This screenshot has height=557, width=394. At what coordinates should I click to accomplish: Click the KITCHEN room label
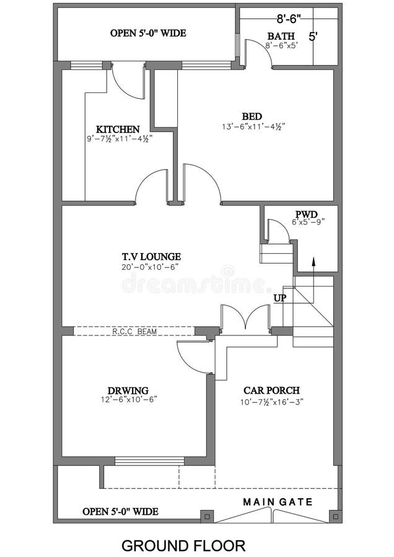(118, 129)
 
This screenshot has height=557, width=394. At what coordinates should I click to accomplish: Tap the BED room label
(252, 116)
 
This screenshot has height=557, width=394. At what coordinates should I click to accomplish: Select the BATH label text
(282, 36)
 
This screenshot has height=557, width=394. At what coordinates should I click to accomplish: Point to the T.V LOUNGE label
(151, 256)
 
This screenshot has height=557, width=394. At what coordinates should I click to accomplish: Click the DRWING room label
(128, 391)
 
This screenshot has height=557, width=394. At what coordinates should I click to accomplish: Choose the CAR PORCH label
(271, 391)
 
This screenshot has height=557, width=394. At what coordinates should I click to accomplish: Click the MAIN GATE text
(278, 501)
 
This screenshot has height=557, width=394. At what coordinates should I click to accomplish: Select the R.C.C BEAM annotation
(134, 332)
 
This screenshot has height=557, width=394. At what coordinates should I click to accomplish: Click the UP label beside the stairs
(280, 298)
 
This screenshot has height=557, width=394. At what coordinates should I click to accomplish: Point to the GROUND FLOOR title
(183, 545)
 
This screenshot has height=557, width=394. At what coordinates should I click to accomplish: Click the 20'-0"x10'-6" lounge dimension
(151, 267)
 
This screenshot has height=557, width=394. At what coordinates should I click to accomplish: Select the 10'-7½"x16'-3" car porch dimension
(271, 401)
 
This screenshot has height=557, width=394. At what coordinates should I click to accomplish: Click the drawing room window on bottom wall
(150, 460)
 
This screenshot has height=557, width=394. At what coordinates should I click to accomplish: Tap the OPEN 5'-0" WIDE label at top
(148, 33)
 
